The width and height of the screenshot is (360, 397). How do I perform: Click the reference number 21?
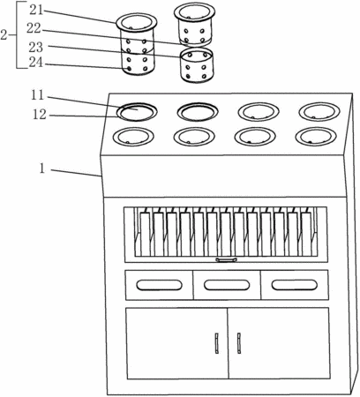[x=36, y=11]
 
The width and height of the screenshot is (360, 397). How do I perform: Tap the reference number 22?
[x=34, y=28]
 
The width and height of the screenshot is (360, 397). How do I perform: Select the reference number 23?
[x=36, y=47]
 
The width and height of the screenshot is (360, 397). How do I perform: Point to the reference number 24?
[x=36, y=63]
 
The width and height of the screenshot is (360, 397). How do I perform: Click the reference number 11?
[x=38, y=95]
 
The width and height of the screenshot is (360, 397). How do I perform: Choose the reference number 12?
[x=40, y=115]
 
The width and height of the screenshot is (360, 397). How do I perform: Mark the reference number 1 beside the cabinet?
[x=42, y=169]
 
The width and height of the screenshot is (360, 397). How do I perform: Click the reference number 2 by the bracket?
[x=4, y=35]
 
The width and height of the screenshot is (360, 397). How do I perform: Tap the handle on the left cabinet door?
[x=217, y=343]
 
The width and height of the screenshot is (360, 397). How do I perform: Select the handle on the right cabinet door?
[x=239, y=343]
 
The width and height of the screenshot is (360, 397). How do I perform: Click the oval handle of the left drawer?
[x=159, y=285]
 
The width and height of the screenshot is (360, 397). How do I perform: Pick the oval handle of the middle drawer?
[x=227, y=285]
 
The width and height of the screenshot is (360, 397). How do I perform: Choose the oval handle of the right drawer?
[x=295, y=285]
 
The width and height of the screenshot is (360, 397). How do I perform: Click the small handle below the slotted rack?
[x=226, y=259]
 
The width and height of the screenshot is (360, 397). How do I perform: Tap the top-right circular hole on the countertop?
[x=319, y=112]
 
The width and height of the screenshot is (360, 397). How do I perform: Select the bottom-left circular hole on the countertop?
[x=133, y=137]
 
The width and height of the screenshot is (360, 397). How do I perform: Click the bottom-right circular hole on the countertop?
[x=316, y=137]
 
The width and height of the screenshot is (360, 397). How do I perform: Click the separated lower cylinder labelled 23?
[x=197, y=65]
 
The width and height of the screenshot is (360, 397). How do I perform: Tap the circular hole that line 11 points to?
[x=137, y=112]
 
